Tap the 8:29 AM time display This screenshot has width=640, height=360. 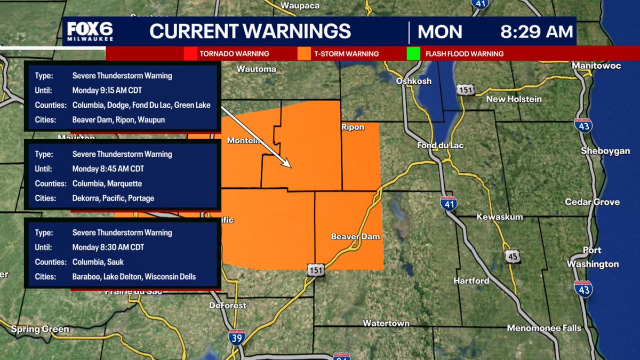tap(536, 31)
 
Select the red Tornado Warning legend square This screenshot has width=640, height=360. tap(190, 54)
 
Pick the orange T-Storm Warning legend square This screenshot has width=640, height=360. tap(305, 54)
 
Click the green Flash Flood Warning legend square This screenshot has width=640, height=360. tap(413, 54)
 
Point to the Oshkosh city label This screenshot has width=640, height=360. tap(414, 81)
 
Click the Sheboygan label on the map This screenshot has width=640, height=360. tap(605, 151)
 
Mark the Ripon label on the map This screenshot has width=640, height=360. tap(353, 127)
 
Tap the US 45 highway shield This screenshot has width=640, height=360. tap(513, 257)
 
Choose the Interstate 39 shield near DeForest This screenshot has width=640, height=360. tap(235, 337)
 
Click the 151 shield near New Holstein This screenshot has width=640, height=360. tap(466, 90)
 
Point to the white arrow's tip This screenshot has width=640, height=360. tap(291, 167)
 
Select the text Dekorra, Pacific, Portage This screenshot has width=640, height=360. tap(113, 198)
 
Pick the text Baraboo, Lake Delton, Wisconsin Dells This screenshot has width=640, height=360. tap(134, 277)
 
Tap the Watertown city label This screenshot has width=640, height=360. tap(386, 323)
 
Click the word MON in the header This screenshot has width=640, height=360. tap(439, 32)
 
